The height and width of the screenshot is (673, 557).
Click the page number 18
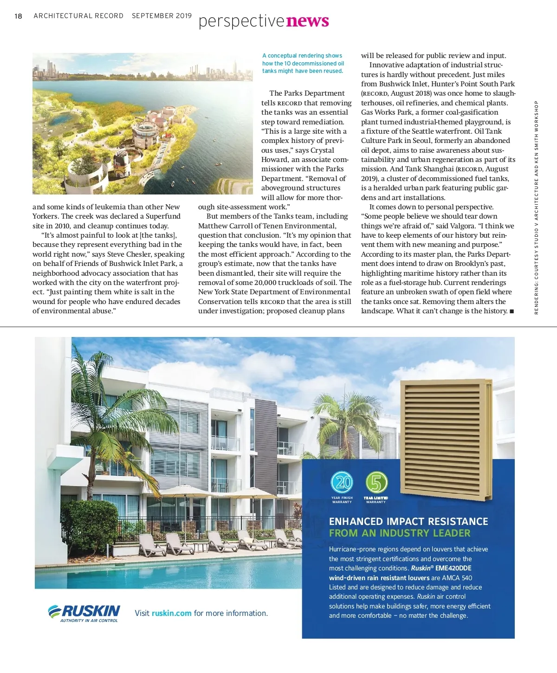click(19, 16)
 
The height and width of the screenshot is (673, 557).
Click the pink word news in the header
click(307, 21)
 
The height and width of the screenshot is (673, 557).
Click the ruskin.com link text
click(171, 613)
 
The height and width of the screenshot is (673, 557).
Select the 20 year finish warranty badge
click(342, 483)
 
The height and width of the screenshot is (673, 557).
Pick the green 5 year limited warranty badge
click(376, 483)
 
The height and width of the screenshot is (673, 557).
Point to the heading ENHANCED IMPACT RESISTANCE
click(408, 521)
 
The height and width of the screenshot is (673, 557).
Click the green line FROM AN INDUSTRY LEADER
click(400, 533)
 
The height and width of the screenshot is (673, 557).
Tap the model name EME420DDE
click(453, 568)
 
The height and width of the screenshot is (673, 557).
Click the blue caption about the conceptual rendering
click(303, 63)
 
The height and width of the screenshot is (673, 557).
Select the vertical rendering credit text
click(536, 207)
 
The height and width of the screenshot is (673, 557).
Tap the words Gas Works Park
click(383, 112)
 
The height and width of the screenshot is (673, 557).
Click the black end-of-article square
click(512, 311)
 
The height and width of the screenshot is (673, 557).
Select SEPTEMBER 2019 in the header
click(162, 16)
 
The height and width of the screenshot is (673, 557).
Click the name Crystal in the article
click(322, 150)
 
